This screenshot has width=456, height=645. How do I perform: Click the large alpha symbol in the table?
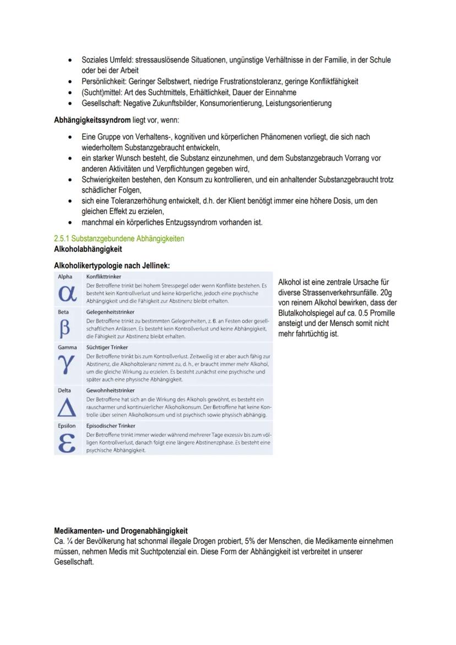pyautogui.click(x=67, y=293)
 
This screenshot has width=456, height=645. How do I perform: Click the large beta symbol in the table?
pyautogui.click(x=66, y=329)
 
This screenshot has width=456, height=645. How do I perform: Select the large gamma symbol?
pyautogui.click(x=66, y=366)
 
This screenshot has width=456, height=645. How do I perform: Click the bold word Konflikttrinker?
pyautogui.click(x=104, y=276)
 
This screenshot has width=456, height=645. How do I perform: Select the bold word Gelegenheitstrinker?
pyautogui.click(x=110, y=311)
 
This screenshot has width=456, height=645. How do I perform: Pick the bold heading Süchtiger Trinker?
pyautogui.click(x=107, y=348)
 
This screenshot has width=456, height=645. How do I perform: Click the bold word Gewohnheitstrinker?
pyautogui.click(x=110, y=390)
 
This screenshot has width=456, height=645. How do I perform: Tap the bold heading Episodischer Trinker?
pyautogui.click(x=111, y=426)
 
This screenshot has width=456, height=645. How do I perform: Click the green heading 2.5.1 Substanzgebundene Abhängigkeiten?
pyautogui.click(x=119, y=239)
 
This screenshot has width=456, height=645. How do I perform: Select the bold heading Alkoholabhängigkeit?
pyautogui.click(x=88, y=248)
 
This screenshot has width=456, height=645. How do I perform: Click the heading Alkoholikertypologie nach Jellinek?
pyautogui.click(x=111, y=265)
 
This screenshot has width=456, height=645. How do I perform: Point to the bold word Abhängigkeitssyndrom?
pyautogui.click(x=92, y=120)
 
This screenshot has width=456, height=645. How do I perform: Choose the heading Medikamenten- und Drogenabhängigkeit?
pyautogui.click(x=121, y=531)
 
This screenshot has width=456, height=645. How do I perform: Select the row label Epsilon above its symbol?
pyautogui.click(x=67, y=426)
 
